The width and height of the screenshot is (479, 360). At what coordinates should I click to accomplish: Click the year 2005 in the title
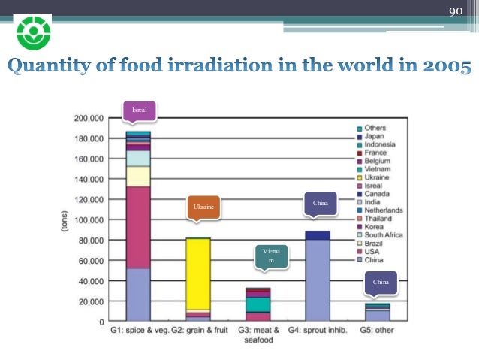[x=446, y=68]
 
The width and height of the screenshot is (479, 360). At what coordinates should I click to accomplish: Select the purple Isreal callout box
[x=140, y=110]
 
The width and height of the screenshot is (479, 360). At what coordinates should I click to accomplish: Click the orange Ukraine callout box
[x=203, y=207]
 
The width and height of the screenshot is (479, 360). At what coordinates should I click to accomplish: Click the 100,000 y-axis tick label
[x=89, y=220]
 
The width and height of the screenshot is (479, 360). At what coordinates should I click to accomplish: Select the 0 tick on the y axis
[x=102, y=322]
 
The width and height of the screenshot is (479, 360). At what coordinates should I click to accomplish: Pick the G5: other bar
[x=377, y=312]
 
